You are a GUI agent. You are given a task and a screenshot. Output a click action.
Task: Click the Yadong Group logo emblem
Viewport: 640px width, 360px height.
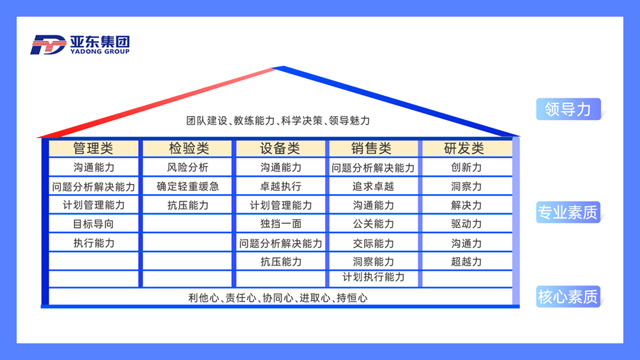click(48, 45)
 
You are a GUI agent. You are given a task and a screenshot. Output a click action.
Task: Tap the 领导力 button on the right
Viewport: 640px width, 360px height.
click(568, 109)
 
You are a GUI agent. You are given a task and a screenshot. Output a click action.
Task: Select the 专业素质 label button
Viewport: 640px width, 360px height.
click(568, 212)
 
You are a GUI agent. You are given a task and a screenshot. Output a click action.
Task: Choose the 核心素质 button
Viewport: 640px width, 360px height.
click(568, 296)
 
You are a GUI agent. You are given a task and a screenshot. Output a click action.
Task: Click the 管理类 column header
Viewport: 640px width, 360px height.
click(93, 148)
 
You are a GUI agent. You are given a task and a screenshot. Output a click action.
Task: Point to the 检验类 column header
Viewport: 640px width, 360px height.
click(188, 148)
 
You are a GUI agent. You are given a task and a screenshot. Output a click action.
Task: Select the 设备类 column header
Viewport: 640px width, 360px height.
click(280, 148)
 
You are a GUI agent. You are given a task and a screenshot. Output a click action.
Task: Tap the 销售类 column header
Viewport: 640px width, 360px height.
click(373, 148)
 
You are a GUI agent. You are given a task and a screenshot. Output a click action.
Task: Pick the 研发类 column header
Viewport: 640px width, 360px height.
click(466, 148)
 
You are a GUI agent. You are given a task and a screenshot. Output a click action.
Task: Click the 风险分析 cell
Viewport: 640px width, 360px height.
click(188, 167)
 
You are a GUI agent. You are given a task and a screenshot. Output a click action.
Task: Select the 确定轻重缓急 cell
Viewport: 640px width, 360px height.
click(188, 186)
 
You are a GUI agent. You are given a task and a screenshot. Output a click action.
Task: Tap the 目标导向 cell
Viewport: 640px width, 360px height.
click(93, 224)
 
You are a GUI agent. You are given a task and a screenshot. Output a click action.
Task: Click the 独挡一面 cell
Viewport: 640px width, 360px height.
click(280, 224)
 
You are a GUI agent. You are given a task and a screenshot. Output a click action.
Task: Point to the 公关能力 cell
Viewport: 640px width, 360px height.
click(373, 224)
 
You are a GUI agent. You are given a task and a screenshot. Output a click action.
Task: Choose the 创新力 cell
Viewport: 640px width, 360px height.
click(466, 167)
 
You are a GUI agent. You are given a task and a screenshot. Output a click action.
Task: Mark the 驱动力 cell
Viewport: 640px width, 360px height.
click(466, 224)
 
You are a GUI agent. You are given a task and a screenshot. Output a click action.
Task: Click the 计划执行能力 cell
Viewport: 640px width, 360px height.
click(373, 278)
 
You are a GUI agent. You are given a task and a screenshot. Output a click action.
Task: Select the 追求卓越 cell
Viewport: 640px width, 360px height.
click(373, 186)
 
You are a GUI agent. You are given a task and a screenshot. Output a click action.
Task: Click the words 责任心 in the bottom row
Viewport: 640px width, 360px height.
click(241, 298)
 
